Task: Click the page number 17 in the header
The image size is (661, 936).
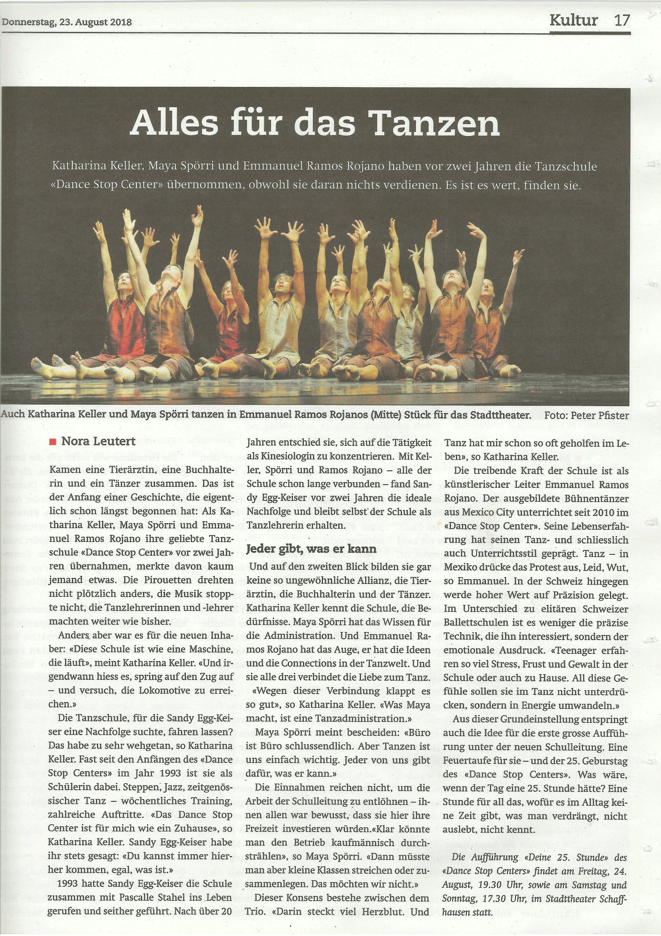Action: (622, 20)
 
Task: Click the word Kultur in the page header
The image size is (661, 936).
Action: (574, 20)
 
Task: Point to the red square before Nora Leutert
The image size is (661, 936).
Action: (52, 441)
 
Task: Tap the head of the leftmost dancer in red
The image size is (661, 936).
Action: (123, 279)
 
